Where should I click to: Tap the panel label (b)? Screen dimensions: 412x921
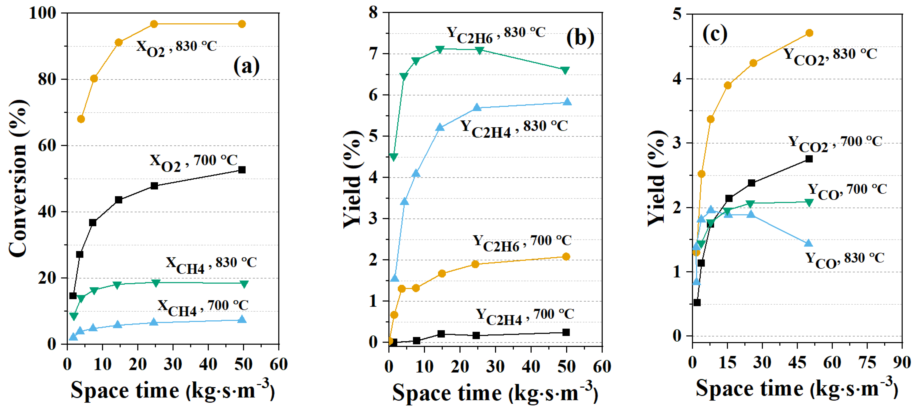point(580,38)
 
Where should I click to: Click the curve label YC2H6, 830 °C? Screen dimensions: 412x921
point(496,34)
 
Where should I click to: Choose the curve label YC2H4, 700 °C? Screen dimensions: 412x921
point(525,316)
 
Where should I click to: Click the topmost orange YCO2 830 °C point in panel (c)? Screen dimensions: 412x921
point(809,33)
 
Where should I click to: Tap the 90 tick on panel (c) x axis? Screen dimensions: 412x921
point(901,362)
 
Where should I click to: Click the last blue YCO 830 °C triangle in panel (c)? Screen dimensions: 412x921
point(808,244)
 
